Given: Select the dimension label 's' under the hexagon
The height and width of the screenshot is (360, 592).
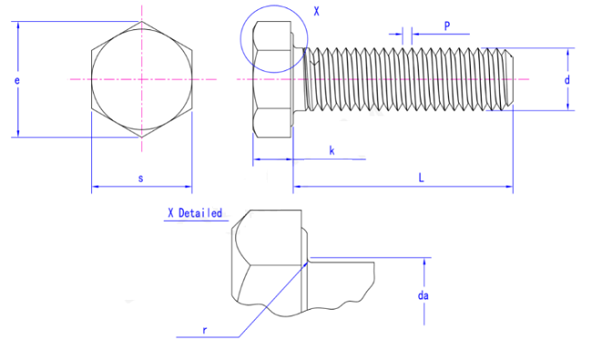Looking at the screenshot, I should [x=140, y=179].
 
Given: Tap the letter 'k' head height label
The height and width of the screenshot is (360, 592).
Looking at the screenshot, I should [x=332, y=149].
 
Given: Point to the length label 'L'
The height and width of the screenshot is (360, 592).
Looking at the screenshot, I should [x=421, y=179].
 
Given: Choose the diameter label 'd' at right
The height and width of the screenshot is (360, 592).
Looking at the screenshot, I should [x=566, y=80].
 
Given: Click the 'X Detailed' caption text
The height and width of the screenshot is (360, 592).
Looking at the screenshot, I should [x=194, y=213].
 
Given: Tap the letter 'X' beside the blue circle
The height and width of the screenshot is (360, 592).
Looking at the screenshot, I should [x=316, y=12].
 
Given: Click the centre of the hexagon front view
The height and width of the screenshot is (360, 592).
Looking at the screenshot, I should [x=141, y=80].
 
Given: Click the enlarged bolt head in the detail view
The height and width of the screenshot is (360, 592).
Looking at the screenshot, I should [x=269, y=260].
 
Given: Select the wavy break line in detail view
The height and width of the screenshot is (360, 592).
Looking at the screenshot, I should [x=346, y=301].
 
